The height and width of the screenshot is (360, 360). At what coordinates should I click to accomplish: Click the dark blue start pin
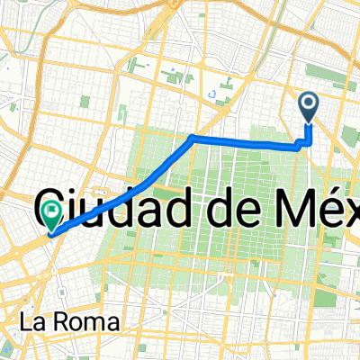pos(309,108)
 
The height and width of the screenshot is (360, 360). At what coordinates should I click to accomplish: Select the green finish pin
pos(51,215)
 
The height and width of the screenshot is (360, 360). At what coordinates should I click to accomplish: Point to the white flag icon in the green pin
pos(51,211)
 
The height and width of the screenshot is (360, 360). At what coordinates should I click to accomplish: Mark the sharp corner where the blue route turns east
pos(193,138)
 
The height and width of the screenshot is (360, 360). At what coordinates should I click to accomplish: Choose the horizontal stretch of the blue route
pos(243,142)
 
